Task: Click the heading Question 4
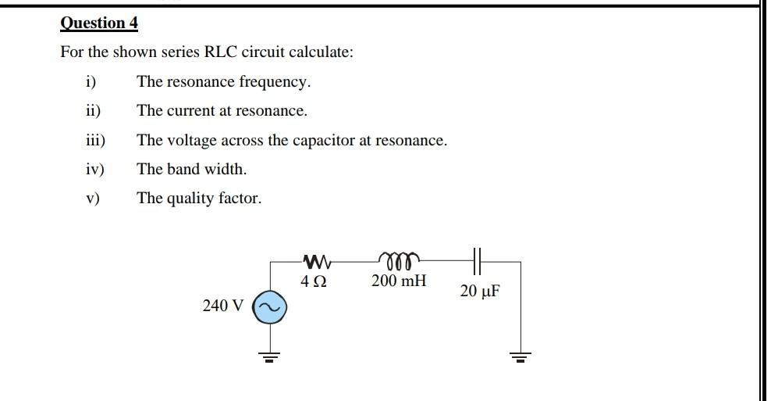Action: [x=99, y=23]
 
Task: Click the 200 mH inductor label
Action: [x=399, y=280]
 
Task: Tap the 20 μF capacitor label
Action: [x=480, y=292]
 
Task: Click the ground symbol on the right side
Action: [x=520, y=358]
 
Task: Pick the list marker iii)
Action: [x=95, y=141]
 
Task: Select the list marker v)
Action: [x=94, y=199]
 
